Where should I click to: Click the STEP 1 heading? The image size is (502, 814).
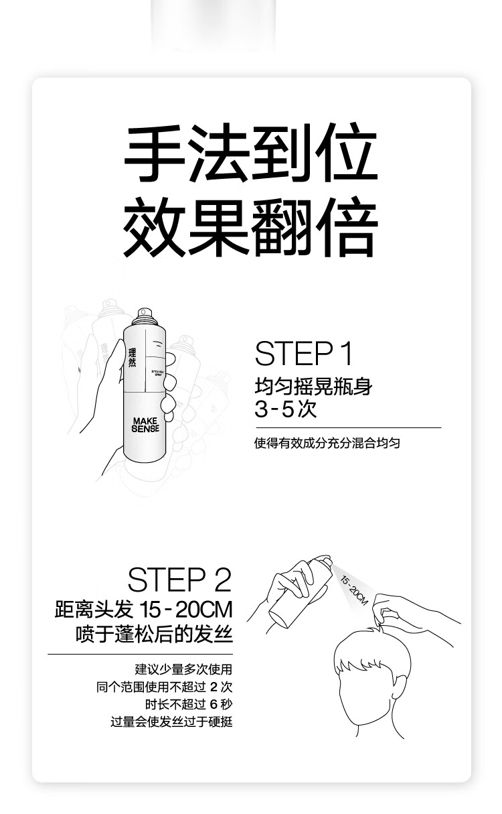(x=303, y=354)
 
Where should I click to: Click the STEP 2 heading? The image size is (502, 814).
(x=179, y=580)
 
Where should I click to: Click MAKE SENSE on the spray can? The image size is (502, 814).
(x=145, y=425)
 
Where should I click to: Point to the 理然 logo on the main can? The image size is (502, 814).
(x=132, y=358)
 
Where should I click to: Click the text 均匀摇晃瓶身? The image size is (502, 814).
(x=313, y=387)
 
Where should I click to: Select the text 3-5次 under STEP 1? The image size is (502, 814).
(x=285, y=409)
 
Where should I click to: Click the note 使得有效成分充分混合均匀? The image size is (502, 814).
(x=327, y=444)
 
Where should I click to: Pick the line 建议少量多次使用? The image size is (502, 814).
(x=183, y=669)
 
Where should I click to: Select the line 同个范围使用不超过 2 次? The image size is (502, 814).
(x=164, y=687)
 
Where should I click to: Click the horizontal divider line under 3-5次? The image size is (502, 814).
(x=349, y=427)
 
